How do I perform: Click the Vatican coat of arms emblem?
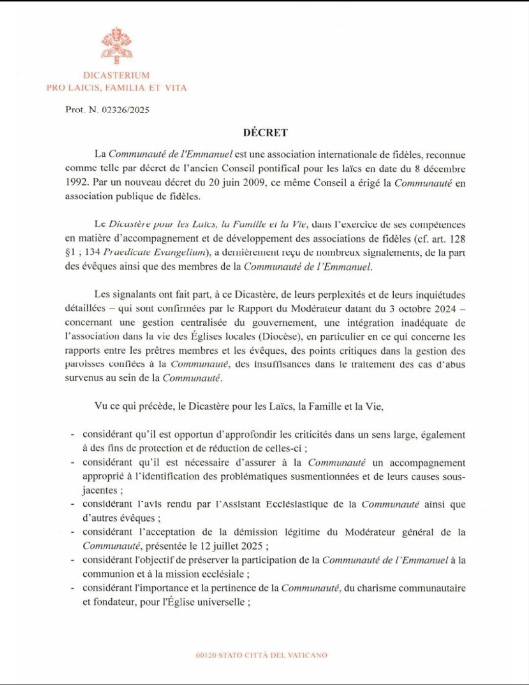pos(117,45)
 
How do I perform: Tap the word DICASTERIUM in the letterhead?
pos(117,75)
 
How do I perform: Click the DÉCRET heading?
pos(265,132)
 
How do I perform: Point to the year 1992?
pos(77,183)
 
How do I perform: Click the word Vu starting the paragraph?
pos(101,406)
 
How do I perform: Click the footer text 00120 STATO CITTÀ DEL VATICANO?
pos(261,655)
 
